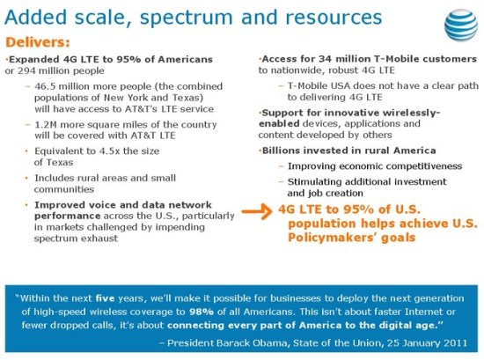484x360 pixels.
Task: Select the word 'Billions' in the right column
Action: click(293, 151)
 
